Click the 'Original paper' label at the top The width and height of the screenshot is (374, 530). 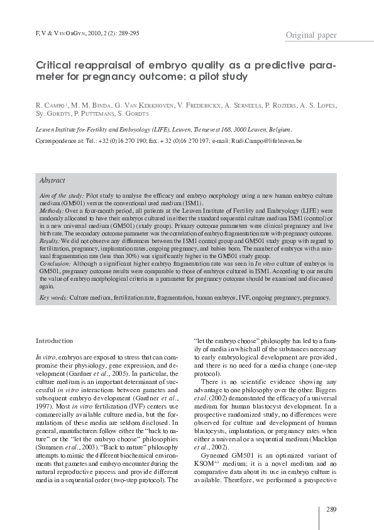(x=311, y=35)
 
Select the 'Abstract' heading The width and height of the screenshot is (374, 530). (x=52, y=180)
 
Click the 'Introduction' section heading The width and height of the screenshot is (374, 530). (x=55, y=341)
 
